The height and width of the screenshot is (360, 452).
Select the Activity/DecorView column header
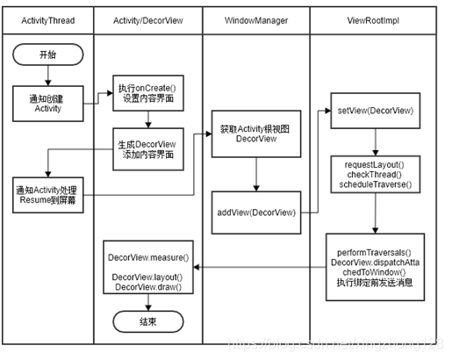pyautogui.click(x=146, y=19)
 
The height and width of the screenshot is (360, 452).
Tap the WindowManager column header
pyautogui.click(x=255, y=19)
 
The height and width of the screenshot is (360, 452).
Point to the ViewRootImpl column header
pyautogui.click(x=377, y=19)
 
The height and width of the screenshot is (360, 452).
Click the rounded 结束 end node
pyautogui.click(x=147, y=322)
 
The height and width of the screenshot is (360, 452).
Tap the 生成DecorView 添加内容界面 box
pyautogui.click(x=148, y=148)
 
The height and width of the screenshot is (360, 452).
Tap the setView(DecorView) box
pyautogui.click(x=377, y=112)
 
